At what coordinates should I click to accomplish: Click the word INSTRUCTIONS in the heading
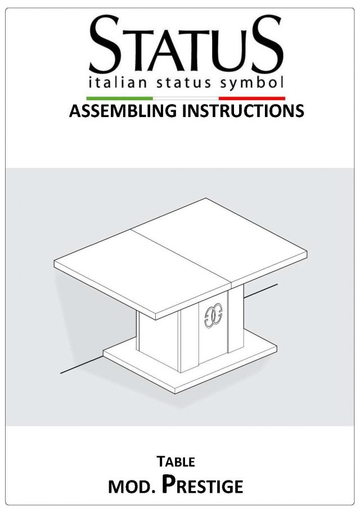[x=243, y=111]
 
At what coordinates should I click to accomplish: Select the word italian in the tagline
[x=118, y=83]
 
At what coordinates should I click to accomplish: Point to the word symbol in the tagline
[x=251, y=83]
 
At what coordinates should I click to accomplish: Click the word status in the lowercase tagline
[x=183, y=83]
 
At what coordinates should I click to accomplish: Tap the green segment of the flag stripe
[x=119, y=98]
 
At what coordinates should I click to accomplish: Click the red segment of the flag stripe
[x=251, y=98]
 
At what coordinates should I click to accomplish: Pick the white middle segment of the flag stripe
[x=186, y=98]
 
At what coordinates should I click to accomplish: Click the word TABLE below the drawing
[x=175, y=462]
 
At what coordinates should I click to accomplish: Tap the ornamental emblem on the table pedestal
[x=213, y=316]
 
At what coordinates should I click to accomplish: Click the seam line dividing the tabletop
[x=182, y=258]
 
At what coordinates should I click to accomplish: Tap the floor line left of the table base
[x=82, y=365]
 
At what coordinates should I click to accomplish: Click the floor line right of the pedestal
[x=261, y=291]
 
